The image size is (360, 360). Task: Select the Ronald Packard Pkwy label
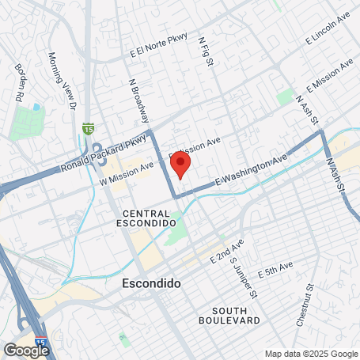pos(104,155)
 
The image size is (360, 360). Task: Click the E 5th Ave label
pos(275,267)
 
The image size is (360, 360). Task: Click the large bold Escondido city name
pos(152,282)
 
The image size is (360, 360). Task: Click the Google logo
pos(25,350)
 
